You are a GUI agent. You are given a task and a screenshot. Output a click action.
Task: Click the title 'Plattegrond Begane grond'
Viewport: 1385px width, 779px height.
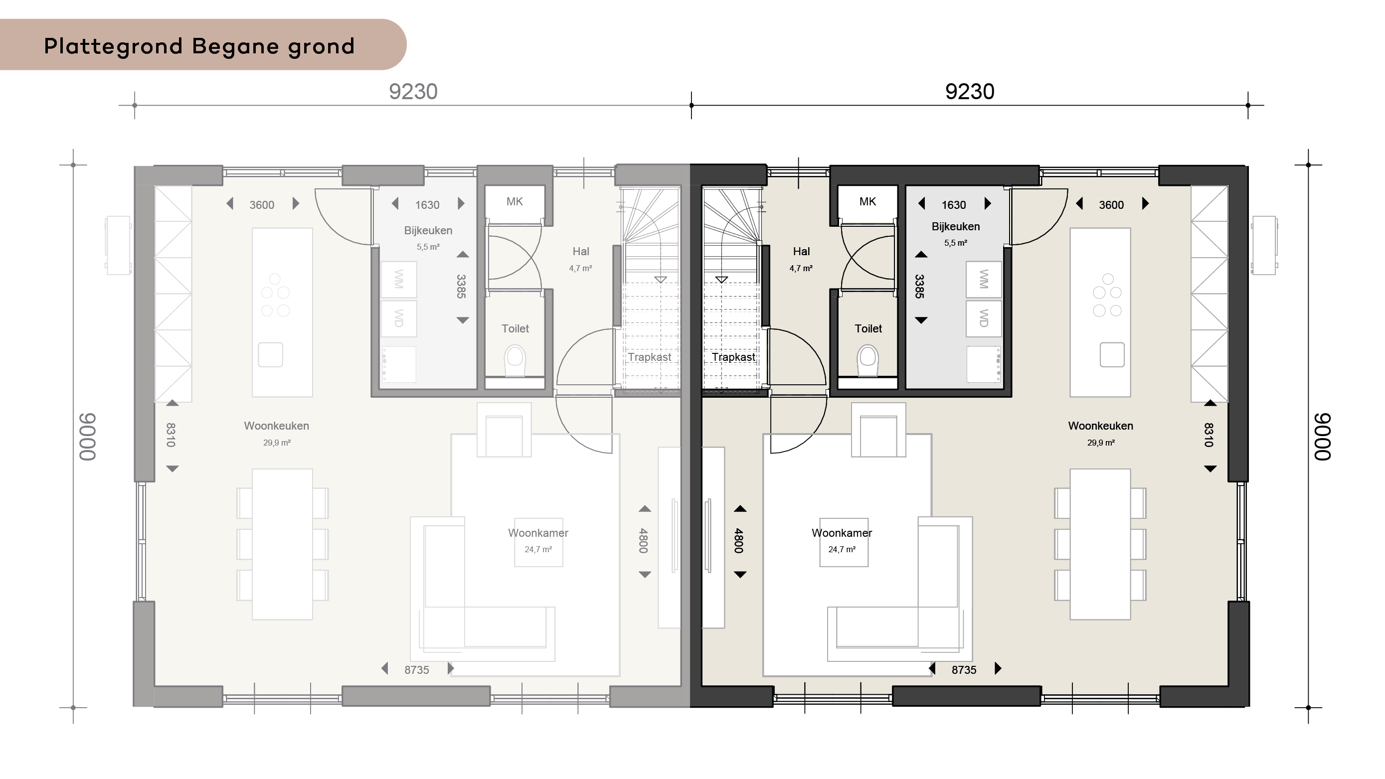pos(199,47)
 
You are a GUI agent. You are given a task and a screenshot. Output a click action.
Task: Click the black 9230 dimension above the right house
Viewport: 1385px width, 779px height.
pos(969,92)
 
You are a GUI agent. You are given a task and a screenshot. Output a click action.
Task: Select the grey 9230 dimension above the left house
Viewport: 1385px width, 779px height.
pos(413,92)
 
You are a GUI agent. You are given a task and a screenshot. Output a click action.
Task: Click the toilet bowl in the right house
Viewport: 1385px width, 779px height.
pos(868,360)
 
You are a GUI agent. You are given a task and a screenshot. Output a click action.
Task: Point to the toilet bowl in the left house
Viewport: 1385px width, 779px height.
pos(515,360)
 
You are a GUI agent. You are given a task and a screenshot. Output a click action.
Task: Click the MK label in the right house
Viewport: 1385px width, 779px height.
pos(867,202)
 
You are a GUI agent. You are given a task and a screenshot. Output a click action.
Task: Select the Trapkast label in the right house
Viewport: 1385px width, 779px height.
pos(733,357)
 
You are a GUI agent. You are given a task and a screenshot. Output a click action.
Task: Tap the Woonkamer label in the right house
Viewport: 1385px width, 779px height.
pos(842,533)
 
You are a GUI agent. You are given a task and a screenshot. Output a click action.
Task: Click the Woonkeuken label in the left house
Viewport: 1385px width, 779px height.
pos(276,426)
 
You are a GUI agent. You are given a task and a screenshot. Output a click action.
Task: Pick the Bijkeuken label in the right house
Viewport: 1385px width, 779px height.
pos(955,226)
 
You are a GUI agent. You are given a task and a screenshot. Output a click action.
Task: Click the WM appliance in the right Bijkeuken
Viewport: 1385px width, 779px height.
pos(983,280)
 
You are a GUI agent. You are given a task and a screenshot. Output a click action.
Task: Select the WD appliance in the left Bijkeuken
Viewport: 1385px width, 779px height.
pos(398,318)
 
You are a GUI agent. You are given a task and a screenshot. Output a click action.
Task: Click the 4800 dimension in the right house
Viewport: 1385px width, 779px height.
pos(739,541)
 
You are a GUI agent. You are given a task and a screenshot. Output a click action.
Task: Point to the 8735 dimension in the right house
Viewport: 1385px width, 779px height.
pos(964,670)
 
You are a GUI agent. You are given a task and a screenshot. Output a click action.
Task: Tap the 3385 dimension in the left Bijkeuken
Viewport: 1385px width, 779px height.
pos(461,287)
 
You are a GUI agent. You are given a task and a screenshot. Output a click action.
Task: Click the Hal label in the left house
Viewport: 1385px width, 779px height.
pos(581,251)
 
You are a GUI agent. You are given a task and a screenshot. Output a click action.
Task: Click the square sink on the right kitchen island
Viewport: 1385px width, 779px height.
pos(1112,355)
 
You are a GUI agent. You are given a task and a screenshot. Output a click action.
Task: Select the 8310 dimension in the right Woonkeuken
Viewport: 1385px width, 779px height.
pos(1209,436)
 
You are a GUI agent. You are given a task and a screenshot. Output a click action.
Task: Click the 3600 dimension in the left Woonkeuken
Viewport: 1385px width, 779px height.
pos(262,205)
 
